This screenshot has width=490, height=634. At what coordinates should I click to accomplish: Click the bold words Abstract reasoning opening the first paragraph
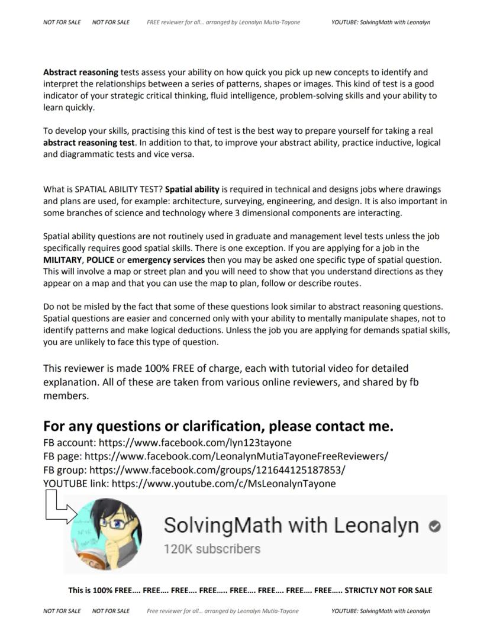80,72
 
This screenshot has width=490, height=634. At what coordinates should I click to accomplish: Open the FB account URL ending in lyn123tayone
195,443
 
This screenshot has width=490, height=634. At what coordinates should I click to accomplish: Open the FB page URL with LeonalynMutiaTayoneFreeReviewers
237,456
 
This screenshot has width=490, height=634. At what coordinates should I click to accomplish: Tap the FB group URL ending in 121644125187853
217,470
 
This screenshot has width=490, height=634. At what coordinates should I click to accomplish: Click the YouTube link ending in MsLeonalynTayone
223,484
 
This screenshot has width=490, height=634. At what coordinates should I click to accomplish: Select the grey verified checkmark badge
435,526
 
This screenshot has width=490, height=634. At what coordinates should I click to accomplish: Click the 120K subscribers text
212,549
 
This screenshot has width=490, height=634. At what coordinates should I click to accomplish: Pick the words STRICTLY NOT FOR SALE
388,590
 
